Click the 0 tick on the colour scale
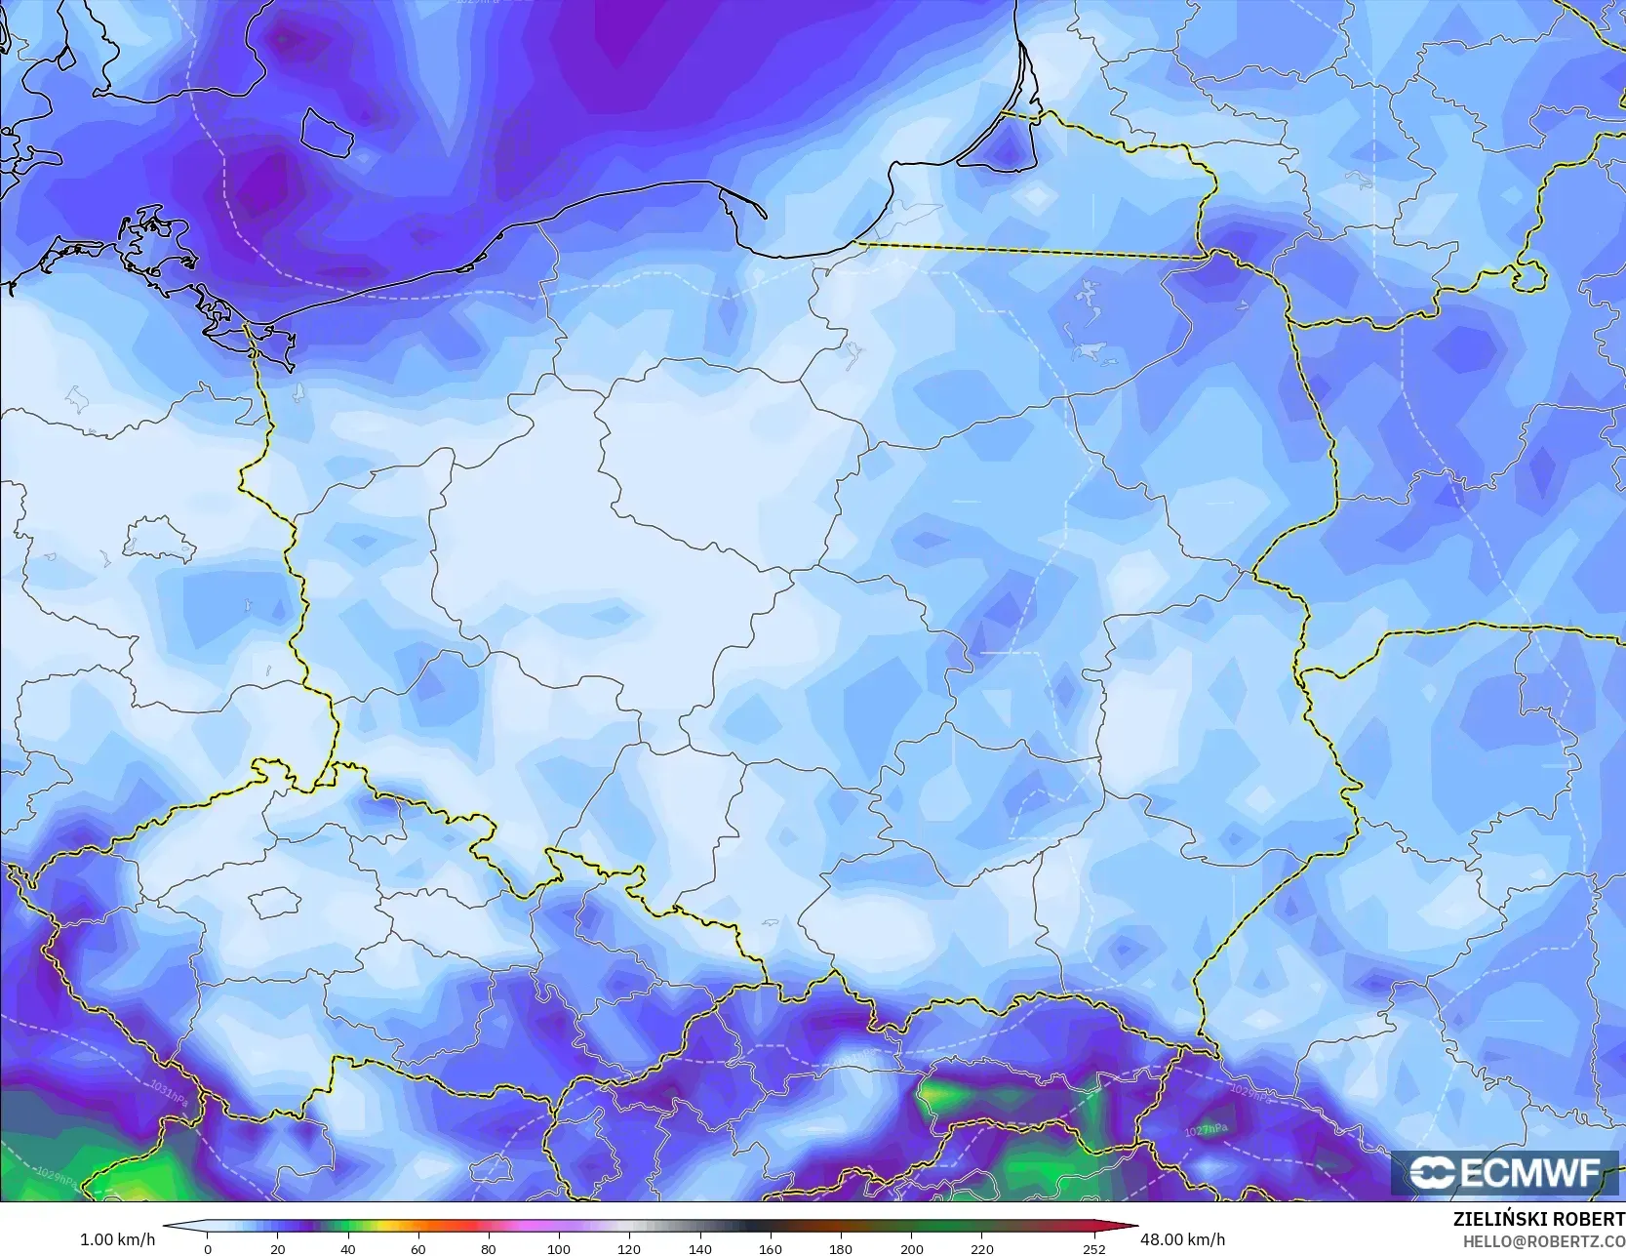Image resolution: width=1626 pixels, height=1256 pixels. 208,1248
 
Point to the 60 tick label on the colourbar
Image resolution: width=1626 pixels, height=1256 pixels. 418,1248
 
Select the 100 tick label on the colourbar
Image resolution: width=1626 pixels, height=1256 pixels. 558,1248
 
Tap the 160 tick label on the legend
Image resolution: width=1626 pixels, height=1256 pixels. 770,1248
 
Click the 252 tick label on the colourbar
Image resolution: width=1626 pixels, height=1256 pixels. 1093,1248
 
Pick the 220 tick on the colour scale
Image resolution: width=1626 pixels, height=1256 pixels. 981,1248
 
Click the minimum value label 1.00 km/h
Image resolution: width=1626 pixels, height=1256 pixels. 117,1239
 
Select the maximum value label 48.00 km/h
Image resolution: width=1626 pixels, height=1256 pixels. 1182,1239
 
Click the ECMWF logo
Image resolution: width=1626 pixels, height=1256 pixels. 1502,1172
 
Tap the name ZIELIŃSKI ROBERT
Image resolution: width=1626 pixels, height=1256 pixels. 1538,1220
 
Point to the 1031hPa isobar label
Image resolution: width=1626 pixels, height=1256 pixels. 171,1093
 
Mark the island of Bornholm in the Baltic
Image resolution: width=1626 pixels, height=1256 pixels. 325,131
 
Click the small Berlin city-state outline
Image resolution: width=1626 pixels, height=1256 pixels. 157,540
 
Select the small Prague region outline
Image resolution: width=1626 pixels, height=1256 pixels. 272,903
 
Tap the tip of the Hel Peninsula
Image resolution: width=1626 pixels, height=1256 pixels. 764,216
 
